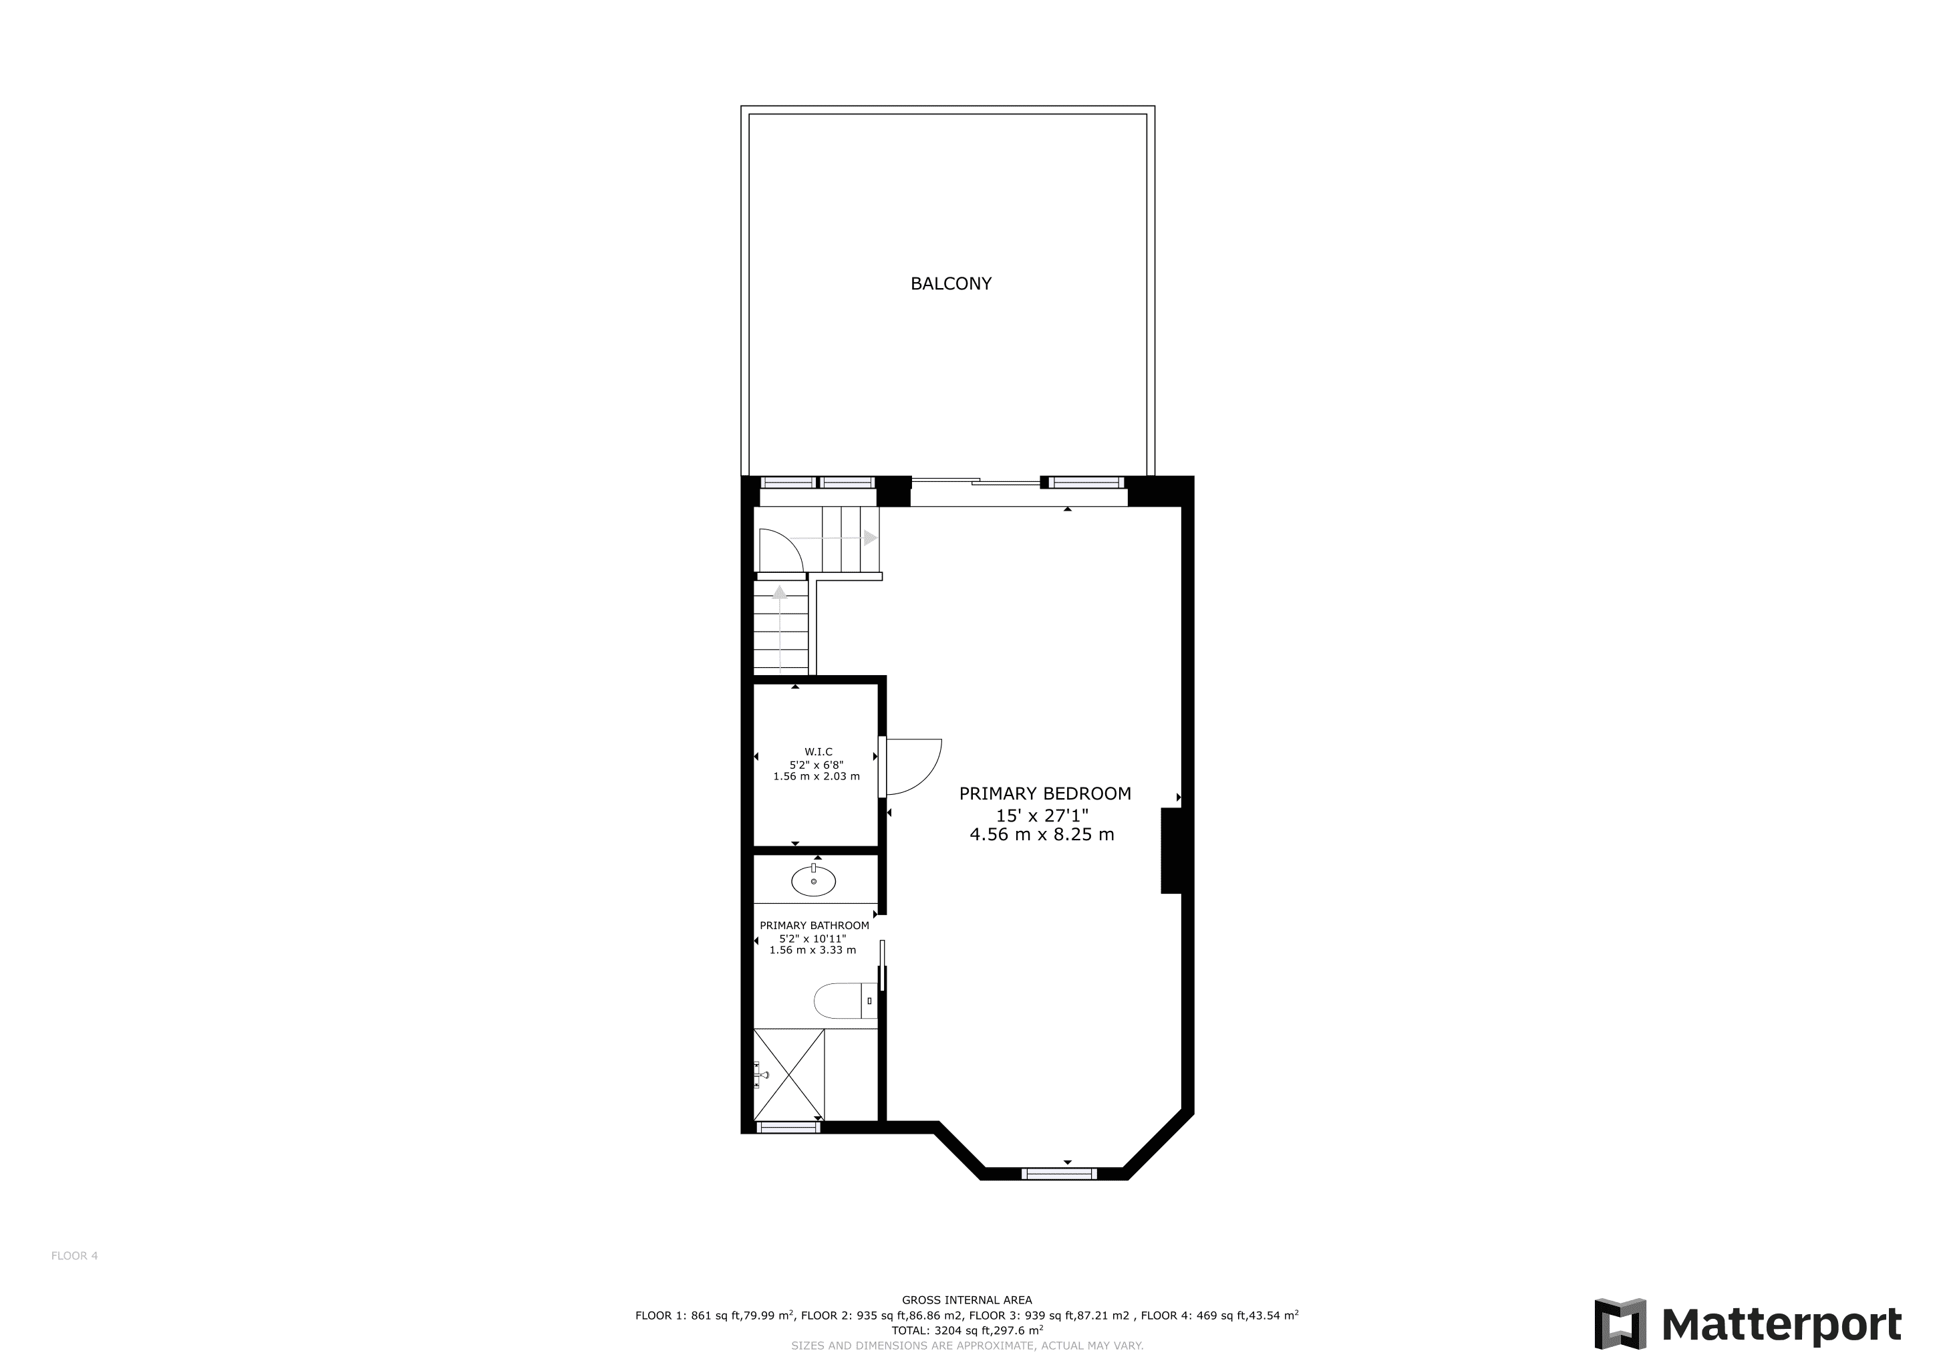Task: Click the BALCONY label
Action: coord(951,284)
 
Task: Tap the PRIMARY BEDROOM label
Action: coord(1045,793)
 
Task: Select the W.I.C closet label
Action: coord(817,752)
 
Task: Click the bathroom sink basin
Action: coord(813,881)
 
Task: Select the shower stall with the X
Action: coord(789,1075)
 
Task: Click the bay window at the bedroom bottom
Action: coord(1059,1173)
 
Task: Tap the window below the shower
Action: coord(788,1127)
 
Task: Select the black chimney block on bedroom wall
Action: coord(1171,850)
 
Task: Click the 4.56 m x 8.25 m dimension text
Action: coord(1042,834)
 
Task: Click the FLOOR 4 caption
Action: coord(74,1256)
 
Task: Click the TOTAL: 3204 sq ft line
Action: coord(967,1330)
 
